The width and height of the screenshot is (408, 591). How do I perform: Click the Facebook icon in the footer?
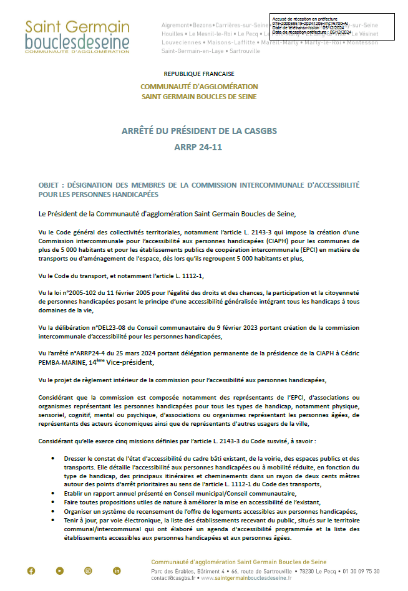click(31, 570)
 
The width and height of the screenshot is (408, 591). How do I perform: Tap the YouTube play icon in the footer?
click(60, 570)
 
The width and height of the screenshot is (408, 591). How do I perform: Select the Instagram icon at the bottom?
click(88, 570)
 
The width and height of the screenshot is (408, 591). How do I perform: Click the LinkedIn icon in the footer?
click(117, 570)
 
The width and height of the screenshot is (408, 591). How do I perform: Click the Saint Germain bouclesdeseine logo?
click(77, 36)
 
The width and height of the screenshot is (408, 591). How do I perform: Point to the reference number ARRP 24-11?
click(198, 148)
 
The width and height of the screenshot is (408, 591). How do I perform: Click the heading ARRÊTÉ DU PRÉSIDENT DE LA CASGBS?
click(199, 131)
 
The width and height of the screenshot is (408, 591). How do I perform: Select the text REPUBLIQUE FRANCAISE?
click(198, 74)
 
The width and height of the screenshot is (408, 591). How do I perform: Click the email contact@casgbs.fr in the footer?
click(174, 578)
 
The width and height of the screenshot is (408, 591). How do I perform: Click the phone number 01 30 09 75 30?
click(358, 571)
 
